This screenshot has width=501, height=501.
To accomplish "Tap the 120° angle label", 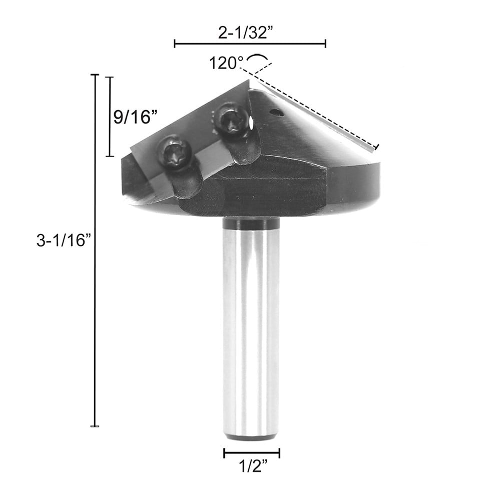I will [226, 64].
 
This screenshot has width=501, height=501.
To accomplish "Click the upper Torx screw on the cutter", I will [231, 120].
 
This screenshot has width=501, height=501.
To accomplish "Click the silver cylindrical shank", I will [251, 325].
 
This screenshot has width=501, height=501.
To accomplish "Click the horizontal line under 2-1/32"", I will [250, 44].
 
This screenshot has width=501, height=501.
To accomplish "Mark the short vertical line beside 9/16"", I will [110, 116].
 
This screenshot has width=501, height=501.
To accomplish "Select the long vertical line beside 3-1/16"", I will [94, 250].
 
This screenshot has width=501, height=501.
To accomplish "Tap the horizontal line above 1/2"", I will [251, 453].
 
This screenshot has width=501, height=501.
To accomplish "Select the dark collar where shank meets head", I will [251, 224].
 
